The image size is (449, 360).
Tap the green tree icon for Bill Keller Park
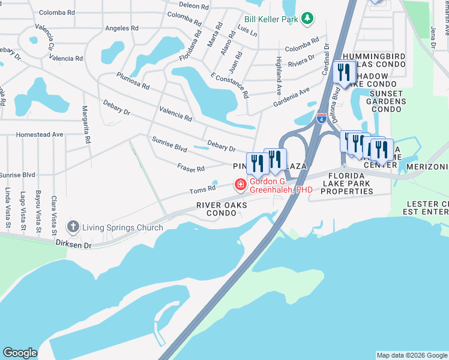pos(307,19)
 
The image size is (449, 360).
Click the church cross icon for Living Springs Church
pos(73,227)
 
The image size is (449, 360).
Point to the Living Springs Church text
pos(122,227)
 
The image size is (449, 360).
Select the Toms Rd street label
pos(202,190)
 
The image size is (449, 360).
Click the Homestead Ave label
pos(40,135)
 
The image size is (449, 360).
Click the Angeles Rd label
pos(121,28)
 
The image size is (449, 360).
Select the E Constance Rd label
pos(229,85)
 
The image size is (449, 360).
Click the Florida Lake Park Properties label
pos(347,183)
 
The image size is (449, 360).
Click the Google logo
pos(20,353)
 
